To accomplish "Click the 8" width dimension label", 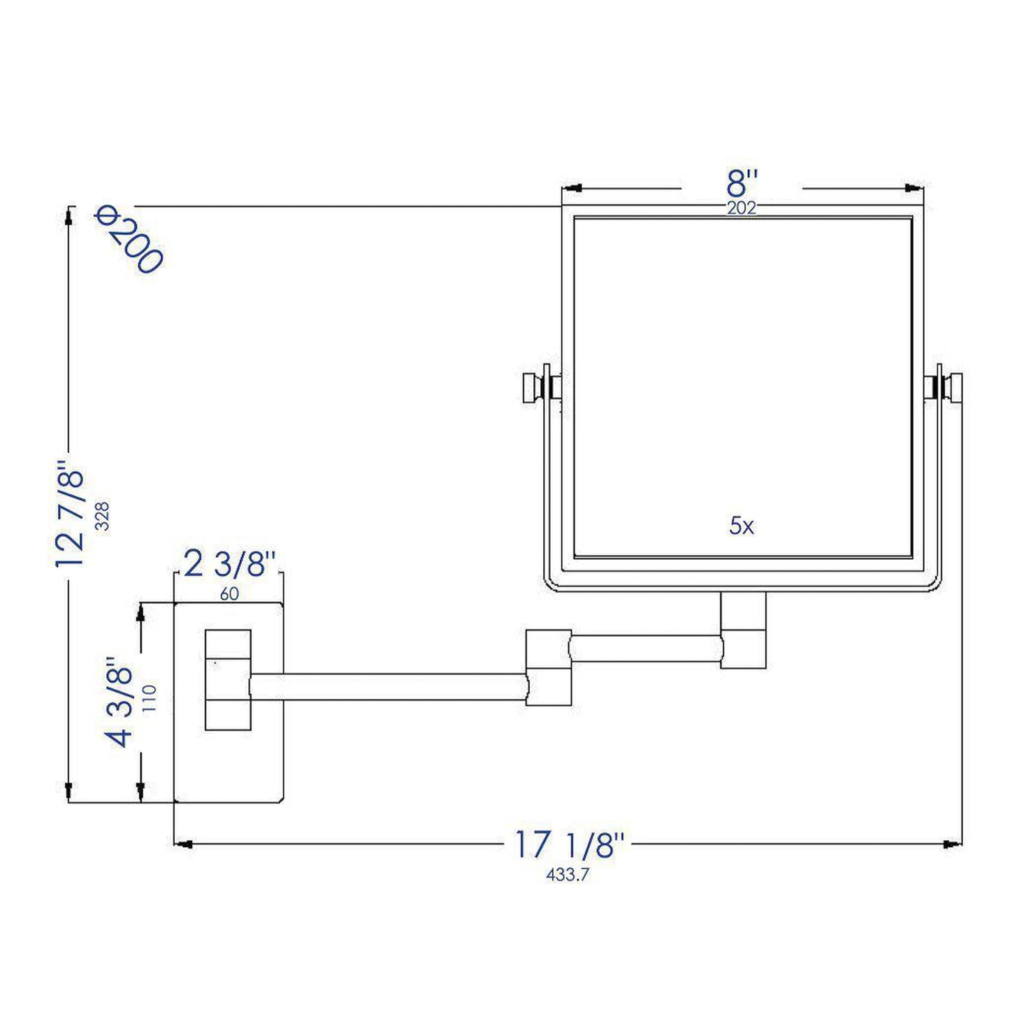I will pyautogui.click(x=742, y=185).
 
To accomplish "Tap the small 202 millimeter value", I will pyautogui.click(x=742, y=208).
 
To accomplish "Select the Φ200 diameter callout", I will pyautogui.click(x=129, y=240).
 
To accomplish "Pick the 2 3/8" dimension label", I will pyautogui.click(x=226, y=563).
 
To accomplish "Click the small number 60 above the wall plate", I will pyautogui.click(x=229, y=594).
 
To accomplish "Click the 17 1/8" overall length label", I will pyautogui.click(x=568, y=844).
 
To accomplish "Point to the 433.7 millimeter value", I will pyautogui.click(x=568, y=874).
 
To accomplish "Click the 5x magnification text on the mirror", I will pyautogui.click(x=742, y=526).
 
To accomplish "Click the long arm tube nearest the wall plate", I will pyautogui.click(x=388, y=687).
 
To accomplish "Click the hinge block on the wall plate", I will pyautogui.click(x=228, y=679).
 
